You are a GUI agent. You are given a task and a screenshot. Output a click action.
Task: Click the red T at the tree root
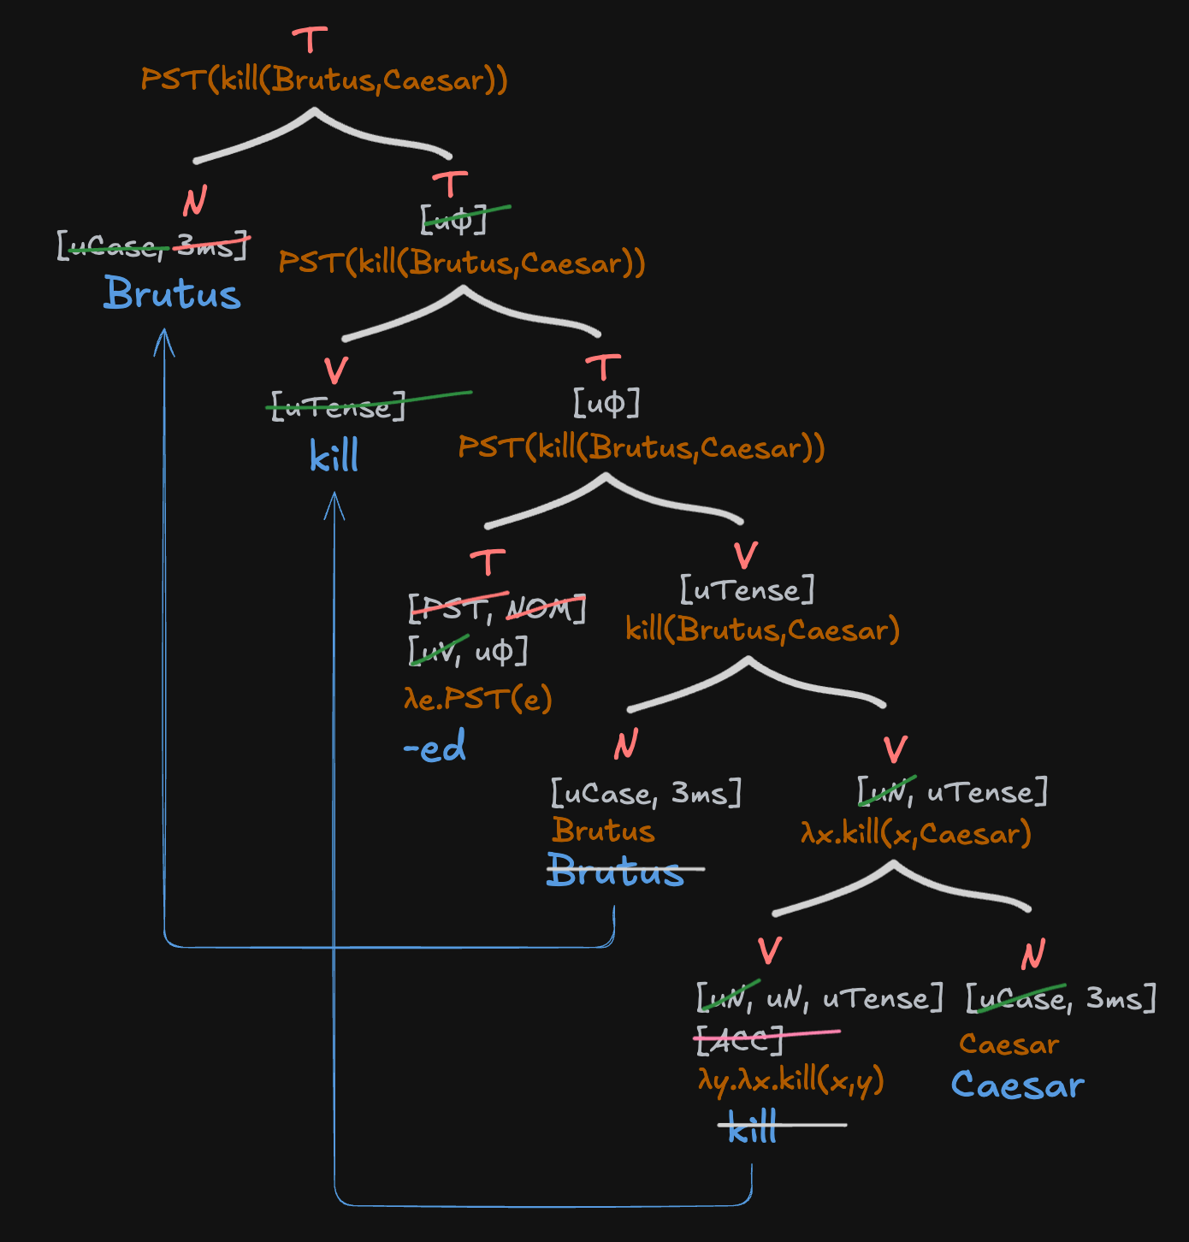tap(310, 40)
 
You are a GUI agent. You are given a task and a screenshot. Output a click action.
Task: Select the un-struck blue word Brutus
tap(172, 293)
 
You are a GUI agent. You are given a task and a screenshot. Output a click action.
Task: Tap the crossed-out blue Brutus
tap(616, 870)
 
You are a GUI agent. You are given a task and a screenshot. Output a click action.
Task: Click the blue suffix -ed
tap(435, 747)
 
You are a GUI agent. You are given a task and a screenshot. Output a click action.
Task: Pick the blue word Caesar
tap(1017, 1085)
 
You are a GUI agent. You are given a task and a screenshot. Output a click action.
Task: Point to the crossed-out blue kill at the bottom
tap(753, 1128)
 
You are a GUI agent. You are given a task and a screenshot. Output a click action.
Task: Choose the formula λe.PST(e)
tap(477, 699)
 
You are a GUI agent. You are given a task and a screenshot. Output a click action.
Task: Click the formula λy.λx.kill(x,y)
tap(790, 1080)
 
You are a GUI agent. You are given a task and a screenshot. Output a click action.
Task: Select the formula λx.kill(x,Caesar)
tap(916, 833)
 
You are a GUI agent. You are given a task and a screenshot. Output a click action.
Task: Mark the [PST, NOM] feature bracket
tap(497, 608)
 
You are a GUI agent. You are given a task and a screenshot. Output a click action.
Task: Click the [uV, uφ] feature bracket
tap(468, 652)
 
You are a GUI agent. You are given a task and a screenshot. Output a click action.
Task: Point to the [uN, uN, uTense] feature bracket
tap(819, 998)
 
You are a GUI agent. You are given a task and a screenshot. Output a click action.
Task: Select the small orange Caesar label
tap(1009, 1044)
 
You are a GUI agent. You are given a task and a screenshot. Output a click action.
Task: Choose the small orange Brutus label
tap(603, 831)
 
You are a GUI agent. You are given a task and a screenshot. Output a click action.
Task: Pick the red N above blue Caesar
tap(1033, 953)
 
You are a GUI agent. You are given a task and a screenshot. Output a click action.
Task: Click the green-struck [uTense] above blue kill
tap(337, 406)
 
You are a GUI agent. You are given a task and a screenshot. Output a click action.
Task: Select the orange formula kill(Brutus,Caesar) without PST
tap(762, 630)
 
